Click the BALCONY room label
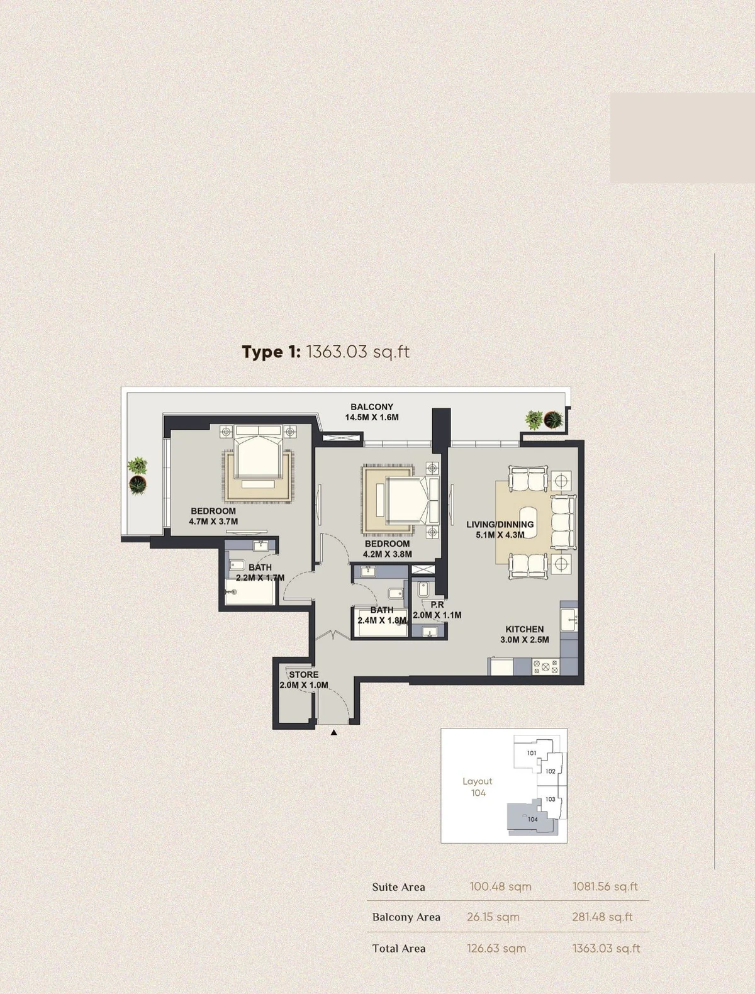point(372,406)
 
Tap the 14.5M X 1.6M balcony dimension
point(372,418)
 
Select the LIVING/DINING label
point(500,525)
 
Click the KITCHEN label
point(525,629)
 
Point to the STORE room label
point(303,675)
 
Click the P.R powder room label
point(437,605)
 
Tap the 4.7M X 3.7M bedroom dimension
point(213,522)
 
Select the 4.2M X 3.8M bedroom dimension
point(387,554)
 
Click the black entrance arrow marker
point(334,732)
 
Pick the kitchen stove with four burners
point(545,666)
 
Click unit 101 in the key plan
point(532,752)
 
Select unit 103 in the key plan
point(550,799)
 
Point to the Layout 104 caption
point(478,786)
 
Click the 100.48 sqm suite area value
point(500,886)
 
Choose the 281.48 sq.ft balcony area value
point(602,917)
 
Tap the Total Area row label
point(398,948)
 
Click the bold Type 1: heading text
point(271,352)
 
